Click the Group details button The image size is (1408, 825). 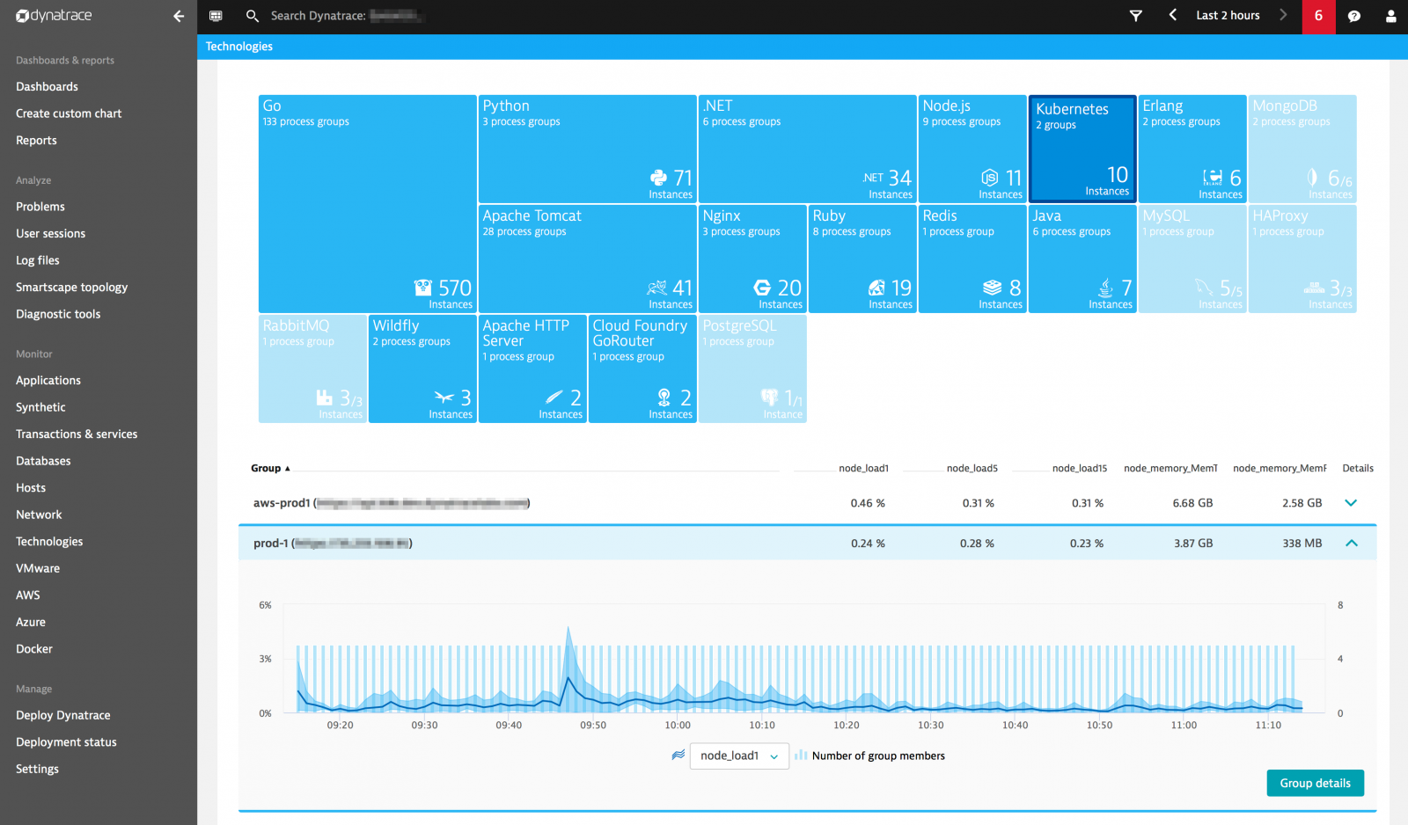pos(1315,783)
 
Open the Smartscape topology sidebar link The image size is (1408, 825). pos(71,287)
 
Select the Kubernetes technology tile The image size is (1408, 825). pos(1082,149)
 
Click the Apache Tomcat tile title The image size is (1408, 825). pos(532,215)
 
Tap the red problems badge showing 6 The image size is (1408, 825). pos(1318,16)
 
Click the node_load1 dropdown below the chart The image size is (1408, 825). pos(738,756)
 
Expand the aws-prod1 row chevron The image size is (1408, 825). pos(1351,503)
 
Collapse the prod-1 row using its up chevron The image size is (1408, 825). pos(1351,544)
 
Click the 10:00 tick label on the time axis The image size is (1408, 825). pos(678,726)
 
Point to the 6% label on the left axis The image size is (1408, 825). pos(265,605)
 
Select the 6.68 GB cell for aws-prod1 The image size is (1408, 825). pos(1192,503)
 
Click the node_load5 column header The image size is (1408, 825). pos(972,468)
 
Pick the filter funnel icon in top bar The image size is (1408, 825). pos(1135,16)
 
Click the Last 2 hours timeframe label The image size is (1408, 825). pos(1228,16)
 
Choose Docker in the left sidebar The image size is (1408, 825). pos(34,649)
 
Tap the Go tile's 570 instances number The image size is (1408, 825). pos(455,288)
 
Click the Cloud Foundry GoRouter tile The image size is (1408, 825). pos(642,369)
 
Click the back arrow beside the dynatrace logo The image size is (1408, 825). pos(179,16)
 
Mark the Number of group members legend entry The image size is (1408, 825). pos(877,756)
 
